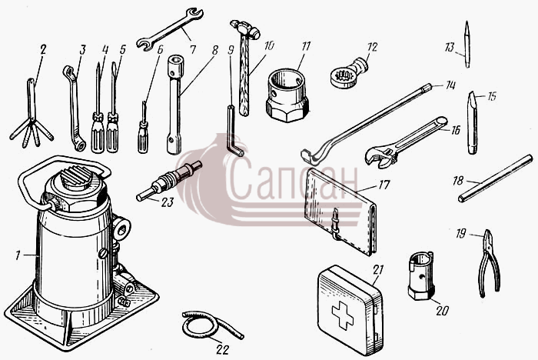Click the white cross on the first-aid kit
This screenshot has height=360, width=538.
343,315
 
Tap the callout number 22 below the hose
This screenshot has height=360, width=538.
222,350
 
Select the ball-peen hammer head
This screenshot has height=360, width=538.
244,28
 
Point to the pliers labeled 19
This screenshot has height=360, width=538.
490,264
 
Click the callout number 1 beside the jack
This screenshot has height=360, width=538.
18,255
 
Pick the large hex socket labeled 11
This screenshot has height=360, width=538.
287,95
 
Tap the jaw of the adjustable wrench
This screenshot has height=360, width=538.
378,157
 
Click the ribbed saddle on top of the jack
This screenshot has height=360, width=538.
77,176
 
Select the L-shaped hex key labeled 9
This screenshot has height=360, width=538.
234,131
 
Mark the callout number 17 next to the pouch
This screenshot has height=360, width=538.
384,185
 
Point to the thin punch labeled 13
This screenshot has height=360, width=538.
467,44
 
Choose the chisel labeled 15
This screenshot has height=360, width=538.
473,122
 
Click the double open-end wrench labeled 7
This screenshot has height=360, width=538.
170,29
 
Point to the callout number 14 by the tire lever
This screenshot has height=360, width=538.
450,85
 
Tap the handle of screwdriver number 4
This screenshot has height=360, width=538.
98,133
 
